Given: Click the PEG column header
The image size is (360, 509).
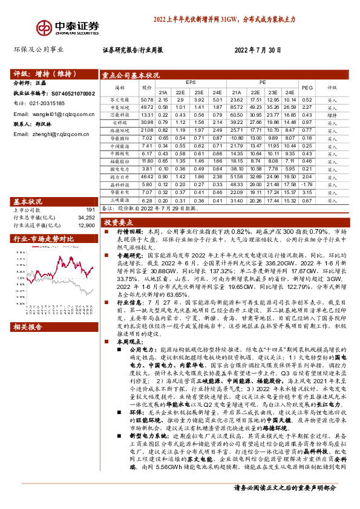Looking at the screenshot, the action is pyautogui.click(x=307, y=87).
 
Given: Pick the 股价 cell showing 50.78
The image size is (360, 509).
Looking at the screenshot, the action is pyautogui.click(x=146, y=99).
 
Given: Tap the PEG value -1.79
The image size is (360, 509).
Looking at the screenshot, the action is pyautogui.click(x=307, y=184).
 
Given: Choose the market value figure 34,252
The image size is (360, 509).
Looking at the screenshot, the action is pyautogui.click(x=87, y=218).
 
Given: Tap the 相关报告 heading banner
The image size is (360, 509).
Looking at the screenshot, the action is pyautogui.click(x=28, y=327).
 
